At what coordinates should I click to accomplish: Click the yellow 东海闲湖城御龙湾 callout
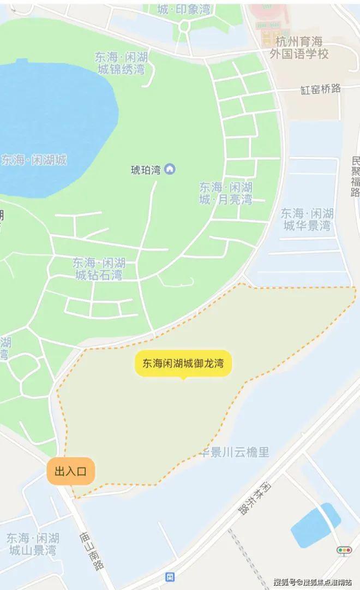click(183, 363)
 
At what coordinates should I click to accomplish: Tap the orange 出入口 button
click(71, 470)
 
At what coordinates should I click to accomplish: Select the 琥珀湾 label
click(146, 170)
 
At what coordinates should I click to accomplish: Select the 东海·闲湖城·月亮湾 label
click(225, 193)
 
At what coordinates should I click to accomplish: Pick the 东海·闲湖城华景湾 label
click(306, 219)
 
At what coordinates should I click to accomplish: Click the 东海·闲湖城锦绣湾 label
click(119, 62)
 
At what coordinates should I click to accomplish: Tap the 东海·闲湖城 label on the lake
click(34, 160)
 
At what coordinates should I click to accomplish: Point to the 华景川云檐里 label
click(236, 452)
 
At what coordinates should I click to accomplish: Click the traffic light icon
click(344, 550)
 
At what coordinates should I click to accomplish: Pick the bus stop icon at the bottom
click(170, 576)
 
